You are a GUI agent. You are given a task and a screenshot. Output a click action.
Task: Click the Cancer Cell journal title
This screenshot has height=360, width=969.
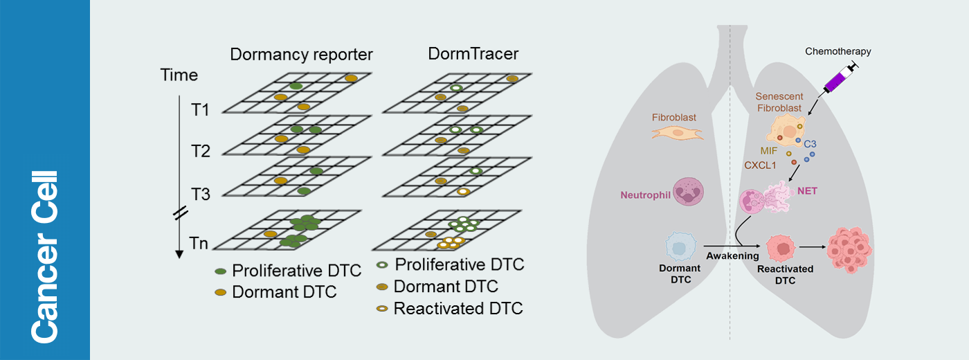click(x=44, y=256)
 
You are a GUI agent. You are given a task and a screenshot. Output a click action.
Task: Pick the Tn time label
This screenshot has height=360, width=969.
click(x=199, y=243)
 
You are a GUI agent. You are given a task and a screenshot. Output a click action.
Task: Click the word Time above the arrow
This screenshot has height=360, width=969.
click(x=179, y=75)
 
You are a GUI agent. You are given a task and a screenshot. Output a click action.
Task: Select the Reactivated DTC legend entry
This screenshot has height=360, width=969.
click(x=458, y=308)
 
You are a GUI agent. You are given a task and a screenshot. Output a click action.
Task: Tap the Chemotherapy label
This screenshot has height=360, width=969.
click(x=838, y=51)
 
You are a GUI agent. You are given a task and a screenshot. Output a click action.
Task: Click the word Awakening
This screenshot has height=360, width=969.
click(x=732, y=256)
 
